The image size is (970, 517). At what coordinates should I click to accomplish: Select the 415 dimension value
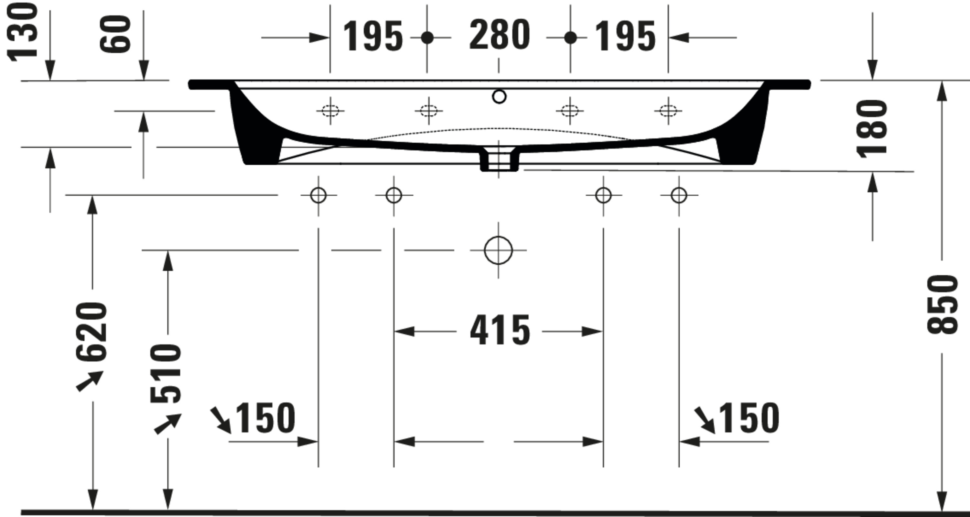tap(500, 331)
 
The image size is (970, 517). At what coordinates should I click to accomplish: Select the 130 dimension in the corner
tap(23, 32)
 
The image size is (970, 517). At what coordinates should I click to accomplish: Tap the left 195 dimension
tap(373, 37)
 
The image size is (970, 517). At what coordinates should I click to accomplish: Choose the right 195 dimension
tap(625, 37)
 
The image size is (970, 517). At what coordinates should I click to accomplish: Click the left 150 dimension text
tap(265, 418)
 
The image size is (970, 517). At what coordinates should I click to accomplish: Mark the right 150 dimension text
tap(749, 418)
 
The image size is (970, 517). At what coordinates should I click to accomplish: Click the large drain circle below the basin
tap(498, 250)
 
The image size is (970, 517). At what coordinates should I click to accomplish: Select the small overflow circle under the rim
tap(499, 97)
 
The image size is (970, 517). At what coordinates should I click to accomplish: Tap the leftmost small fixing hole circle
tap(318, 195)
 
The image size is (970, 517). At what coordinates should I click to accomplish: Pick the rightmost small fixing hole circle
tap(679, 195)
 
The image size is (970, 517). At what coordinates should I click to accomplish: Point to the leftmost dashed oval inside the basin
tap(330, 111)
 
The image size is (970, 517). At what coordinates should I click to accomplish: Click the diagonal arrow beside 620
tap(90, 380)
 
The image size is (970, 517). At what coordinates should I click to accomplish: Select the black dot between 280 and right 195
tap(570, 38)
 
